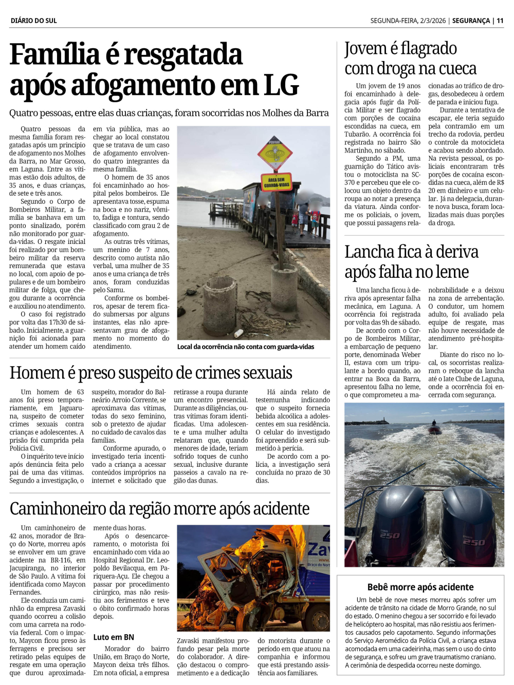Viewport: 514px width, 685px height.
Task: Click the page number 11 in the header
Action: pos(500,21)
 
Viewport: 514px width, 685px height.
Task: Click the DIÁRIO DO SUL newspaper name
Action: pos(33,21)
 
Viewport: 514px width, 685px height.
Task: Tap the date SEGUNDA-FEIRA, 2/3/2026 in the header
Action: pos(408,21)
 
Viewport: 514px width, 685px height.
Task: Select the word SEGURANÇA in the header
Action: pos(471,21)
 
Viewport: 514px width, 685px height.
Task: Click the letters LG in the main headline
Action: pos(281,85)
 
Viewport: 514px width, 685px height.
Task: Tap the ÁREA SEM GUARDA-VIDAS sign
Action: pos(277,182)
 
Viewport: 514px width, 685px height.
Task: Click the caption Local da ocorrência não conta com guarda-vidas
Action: pos(245,347)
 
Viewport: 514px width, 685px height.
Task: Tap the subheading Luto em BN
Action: pos(114,637)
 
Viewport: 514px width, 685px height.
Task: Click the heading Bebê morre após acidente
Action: pos(420,587)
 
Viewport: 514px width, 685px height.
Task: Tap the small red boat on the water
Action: pos(435,429)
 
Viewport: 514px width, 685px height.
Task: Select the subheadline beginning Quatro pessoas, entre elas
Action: pos(169,113)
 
